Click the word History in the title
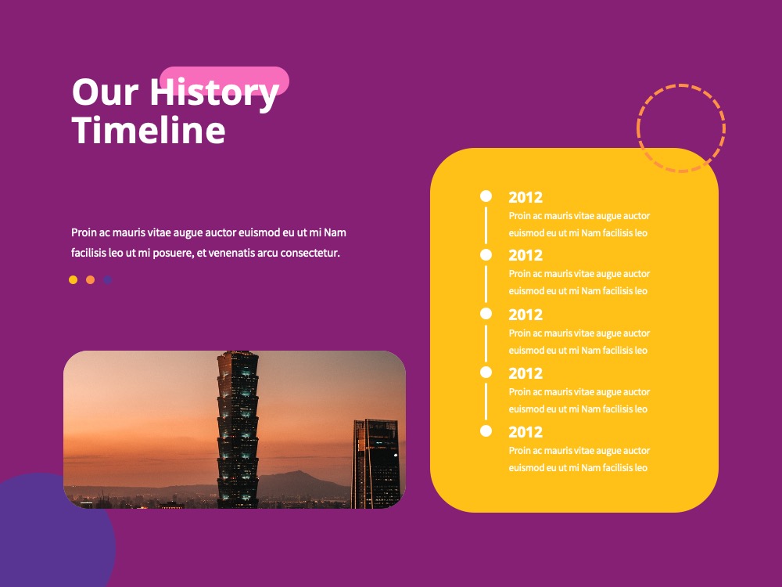(x=214, y=94)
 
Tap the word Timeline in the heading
(x=149, y=130)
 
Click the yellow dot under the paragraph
(x=74, y=279)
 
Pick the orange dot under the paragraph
(x=90, y=279)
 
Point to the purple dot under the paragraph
(x=107, y=279)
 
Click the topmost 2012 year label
(x=526, y=197)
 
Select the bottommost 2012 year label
(x=526, y=432)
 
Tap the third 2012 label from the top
(x=526, y=315)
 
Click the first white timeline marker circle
(x=486, y=196)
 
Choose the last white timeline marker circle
(x=486, y=430)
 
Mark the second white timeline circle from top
(x=486, y=254)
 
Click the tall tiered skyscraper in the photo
(x=238, y=429)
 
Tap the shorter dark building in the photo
(x=376, y=463)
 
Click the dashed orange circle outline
(x=681, y=85)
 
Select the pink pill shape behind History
(x=224, y=81)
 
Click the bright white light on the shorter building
(x=396, y=455)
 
